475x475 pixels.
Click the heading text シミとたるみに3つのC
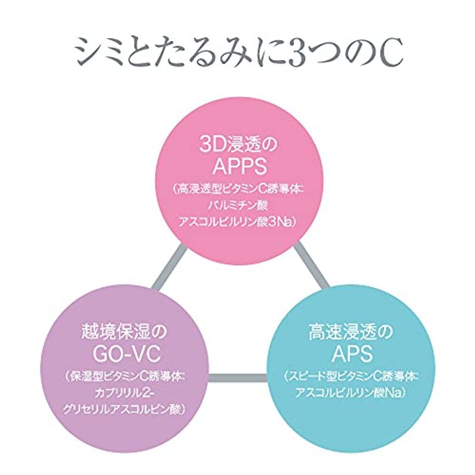[237, 54]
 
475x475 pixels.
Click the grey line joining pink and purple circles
[167, 270]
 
